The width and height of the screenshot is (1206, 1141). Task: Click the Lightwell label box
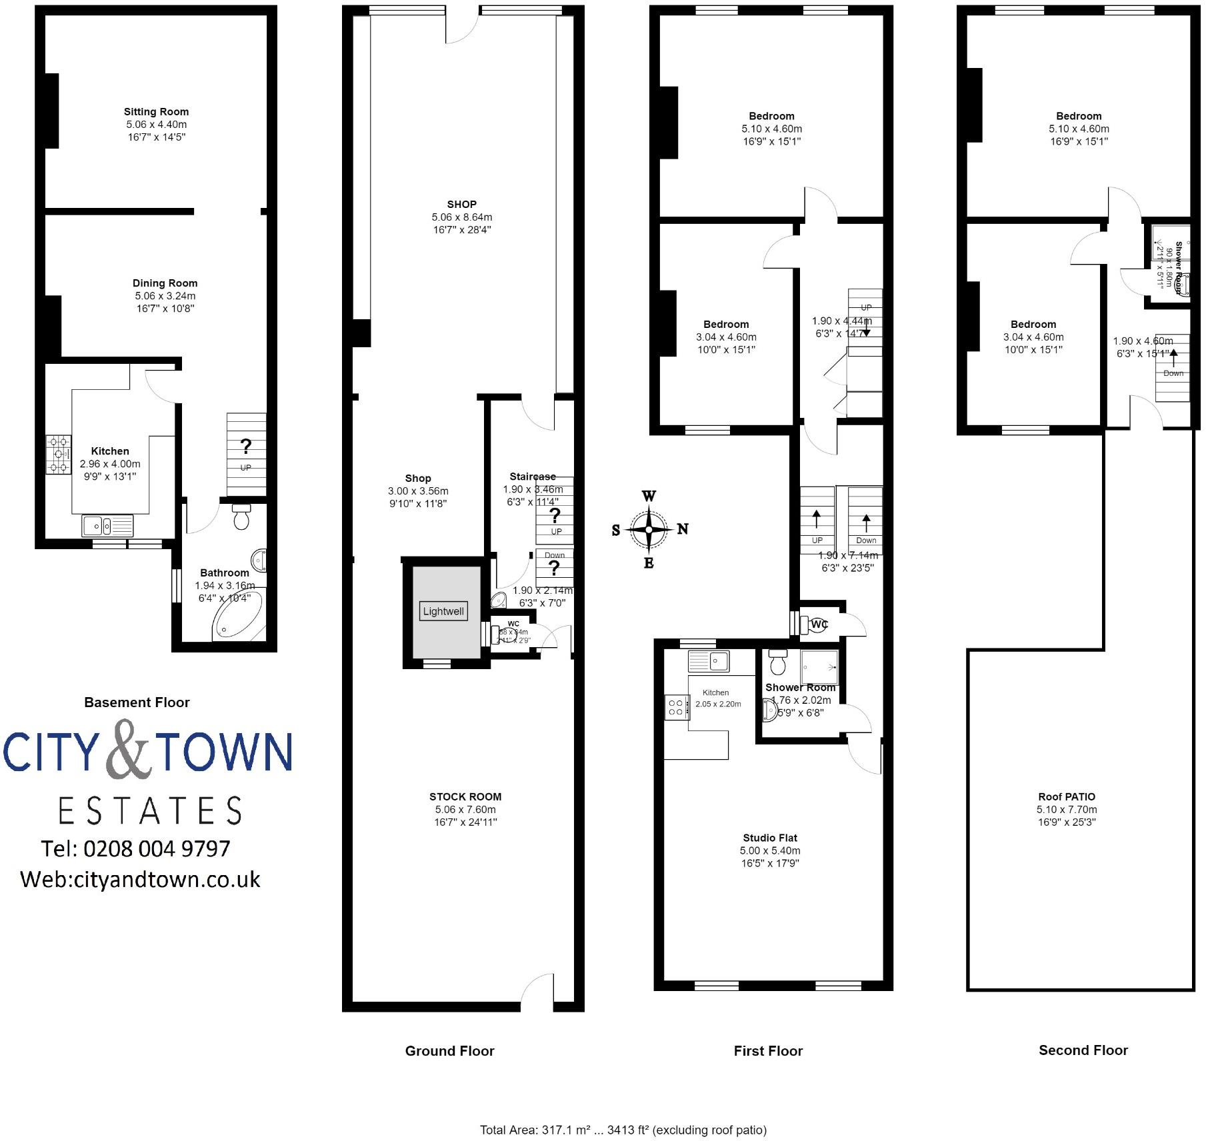click(x=443, y=611)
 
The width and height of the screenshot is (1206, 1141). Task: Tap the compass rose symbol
click(x=649, y=529)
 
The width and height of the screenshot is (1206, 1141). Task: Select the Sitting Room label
click(x=156, y=112)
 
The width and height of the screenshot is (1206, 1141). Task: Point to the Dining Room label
click(x=165, y=283)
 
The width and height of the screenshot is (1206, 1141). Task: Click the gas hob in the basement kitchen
click(x=59, y=455)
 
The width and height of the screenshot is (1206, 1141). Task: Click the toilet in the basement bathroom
click(x=241, y=517)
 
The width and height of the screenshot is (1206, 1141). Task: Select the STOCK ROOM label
click(x=465, y=796)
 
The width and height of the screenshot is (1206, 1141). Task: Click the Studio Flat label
click(x=770, y=838)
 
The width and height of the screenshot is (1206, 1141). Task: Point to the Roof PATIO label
click(x=1067, y=796)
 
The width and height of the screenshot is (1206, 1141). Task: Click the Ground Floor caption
click(x=450, y=1051)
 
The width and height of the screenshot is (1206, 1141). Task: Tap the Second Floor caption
click(x=1083, y=1050)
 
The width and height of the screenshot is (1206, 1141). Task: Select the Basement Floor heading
click(x=137, y=702)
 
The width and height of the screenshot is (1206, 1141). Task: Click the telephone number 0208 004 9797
click(x=157, y=848)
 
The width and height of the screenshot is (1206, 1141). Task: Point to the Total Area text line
click(x=623, y=1130)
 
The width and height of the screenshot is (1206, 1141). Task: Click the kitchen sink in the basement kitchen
click(x=107, y=526)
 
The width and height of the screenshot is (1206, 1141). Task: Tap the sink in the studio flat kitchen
click(x=709, y=661)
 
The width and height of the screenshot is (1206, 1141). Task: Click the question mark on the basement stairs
click(x=245, y=446)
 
